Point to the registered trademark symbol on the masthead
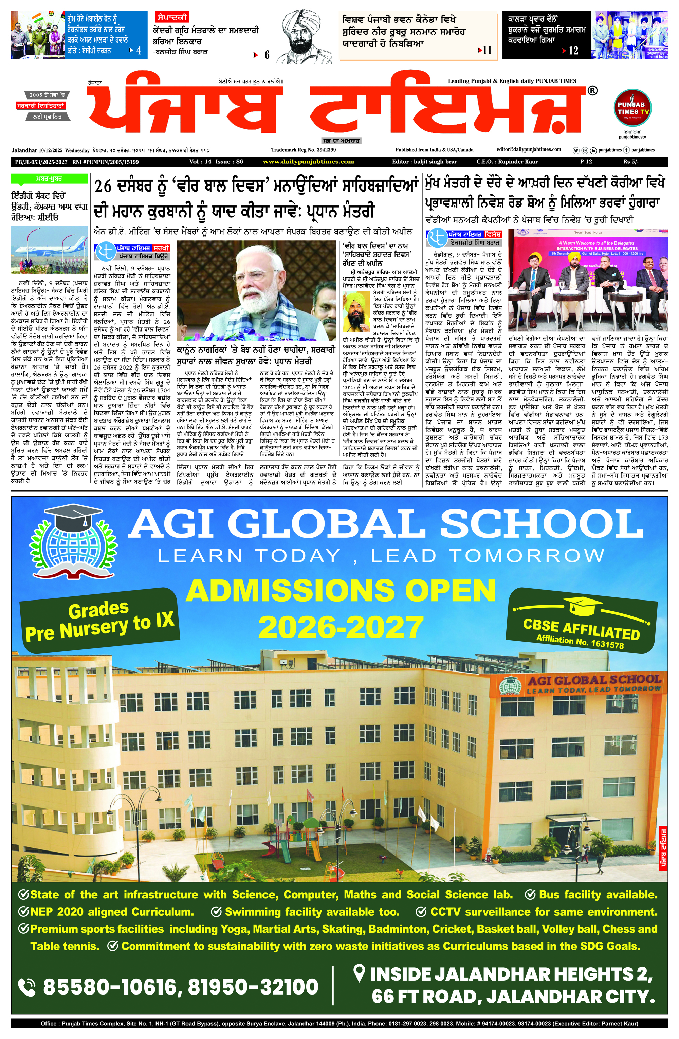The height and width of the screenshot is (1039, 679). [x=592, y=90]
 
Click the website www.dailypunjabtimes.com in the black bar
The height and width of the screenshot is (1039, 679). [x=308, y=162]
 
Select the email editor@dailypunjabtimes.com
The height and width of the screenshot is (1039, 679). [x=529, y=150]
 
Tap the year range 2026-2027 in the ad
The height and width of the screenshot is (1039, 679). [x=341, y=627]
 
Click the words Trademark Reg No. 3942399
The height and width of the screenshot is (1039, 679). [x=303, y=150]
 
